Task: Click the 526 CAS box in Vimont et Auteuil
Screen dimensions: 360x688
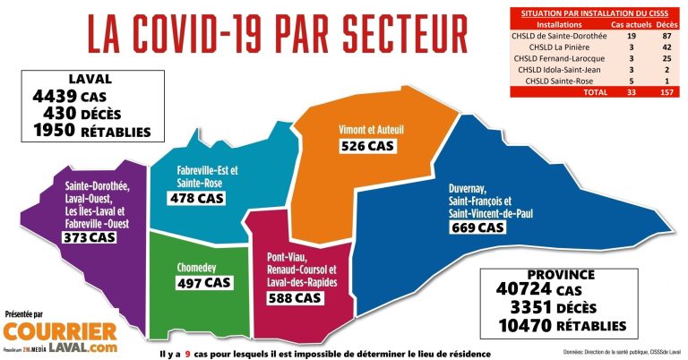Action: coord(367,146)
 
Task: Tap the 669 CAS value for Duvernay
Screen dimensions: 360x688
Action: coord(477,228)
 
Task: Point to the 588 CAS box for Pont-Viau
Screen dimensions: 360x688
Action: coord(294,297)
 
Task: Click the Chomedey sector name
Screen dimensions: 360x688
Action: coord(201,266)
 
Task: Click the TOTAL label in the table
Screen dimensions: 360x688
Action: coord(595,91)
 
